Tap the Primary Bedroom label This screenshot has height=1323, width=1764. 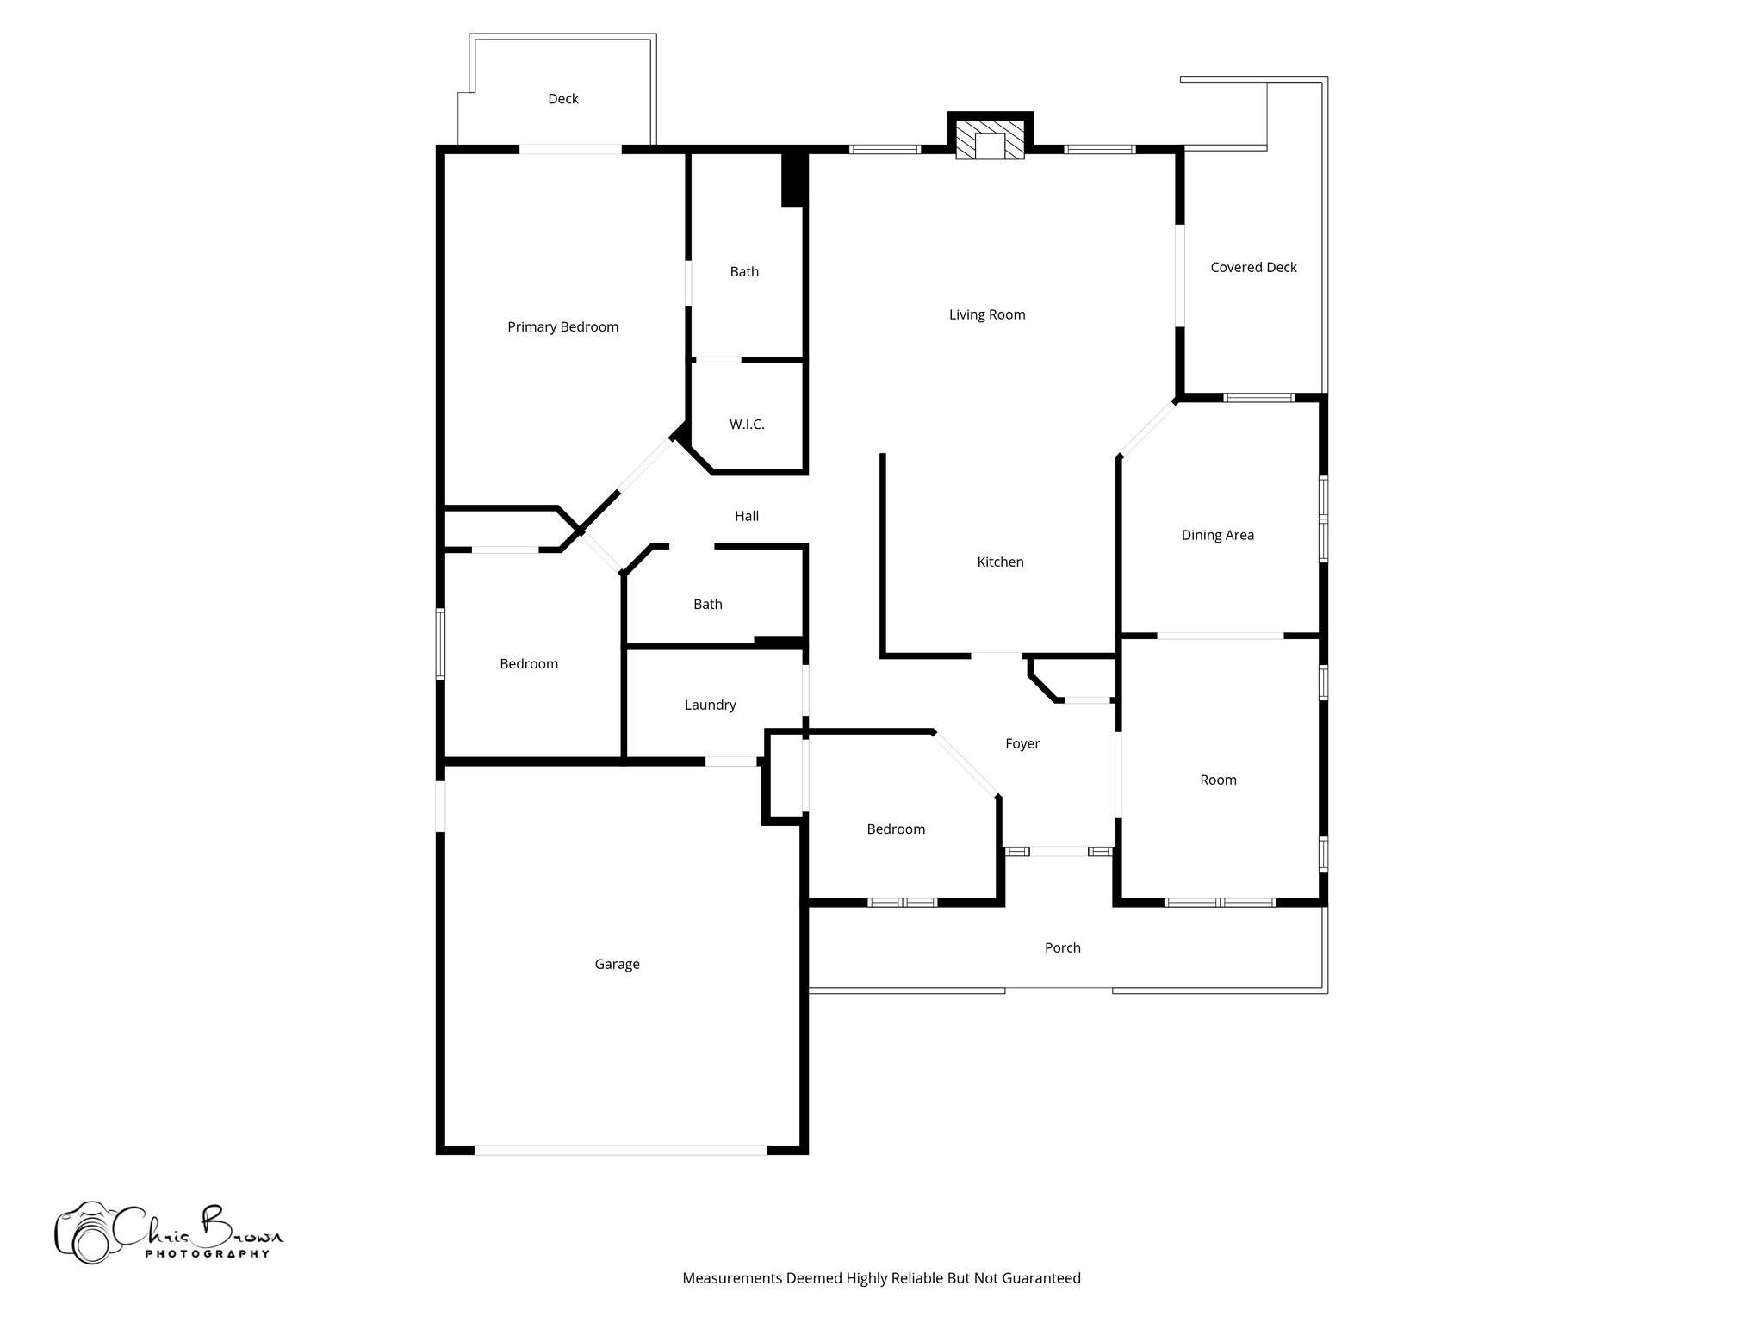pyautogui.click(x=562, y=327)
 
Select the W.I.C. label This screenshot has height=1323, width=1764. pyautogui.click(x=747, y=425)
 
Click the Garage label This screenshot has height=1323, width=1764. pyautogui.click(x=617, y=965)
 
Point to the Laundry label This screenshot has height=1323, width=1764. pyautogui.click(x=710, y=705)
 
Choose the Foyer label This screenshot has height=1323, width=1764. pyautogui.click(x=1022, y=744)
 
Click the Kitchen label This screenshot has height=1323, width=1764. pyautogui.click(x=1000, y=562)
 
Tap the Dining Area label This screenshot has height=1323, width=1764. pyautogui.click(x=1217, y=536)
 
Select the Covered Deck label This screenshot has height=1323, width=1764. pyautogui.click(x=1253, y=268)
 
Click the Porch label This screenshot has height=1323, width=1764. pyautogui.click(x=1062, y=948)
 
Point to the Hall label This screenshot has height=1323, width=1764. pyautogui.click(x=747, y=517)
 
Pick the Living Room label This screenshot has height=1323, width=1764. pyautogui.click(x=987, y=315)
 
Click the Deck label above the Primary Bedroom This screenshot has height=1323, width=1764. pyautogui.click(x=563, y=100)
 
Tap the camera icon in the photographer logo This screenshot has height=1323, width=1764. pyautogui.click(x=84, y=1234)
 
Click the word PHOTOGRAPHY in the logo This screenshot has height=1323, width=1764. pyautogui.click(x=207, y=1254)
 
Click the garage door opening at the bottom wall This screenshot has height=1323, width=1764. pyautogui.click(x=620, y=1150)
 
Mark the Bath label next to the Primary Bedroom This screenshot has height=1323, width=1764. pyautogui.click(x=744, y=272)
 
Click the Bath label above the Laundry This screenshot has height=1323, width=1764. pyautogui.click(x=708, y=605)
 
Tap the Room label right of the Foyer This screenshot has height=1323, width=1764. pyautogui.click(x=1218, y=780)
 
